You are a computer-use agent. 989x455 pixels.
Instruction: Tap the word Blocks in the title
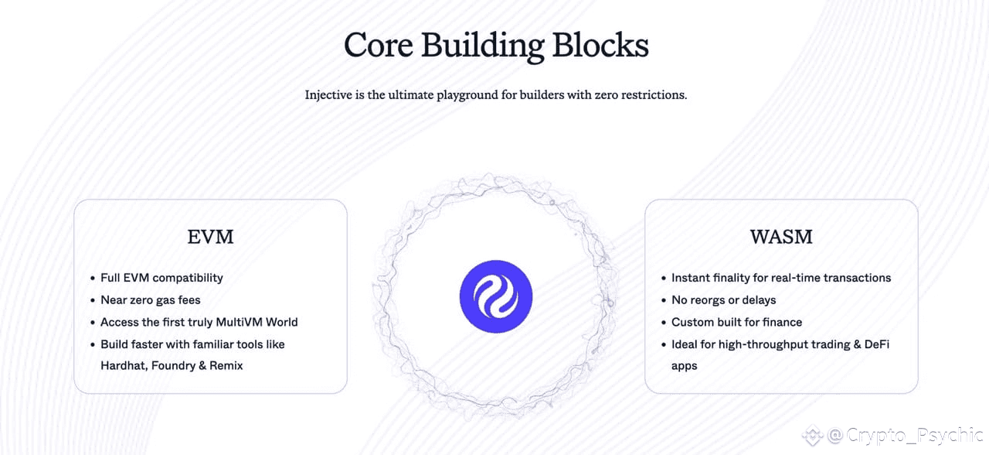[x=600, y=46]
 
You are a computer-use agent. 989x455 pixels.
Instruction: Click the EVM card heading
[x=210, y=237]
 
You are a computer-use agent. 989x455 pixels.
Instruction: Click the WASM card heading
[x=781, y=237]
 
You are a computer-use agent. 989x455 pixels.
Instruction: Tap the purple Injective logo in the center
[x=496, y=296]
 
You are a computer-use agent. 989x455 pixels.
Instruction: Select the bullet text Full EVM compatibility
[x=161, y=278]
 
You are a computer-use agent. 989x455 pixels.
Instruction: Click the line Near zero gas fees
[x=151, y=299]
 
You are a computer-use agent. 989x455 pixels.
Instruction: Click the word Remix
[x=226, y=365]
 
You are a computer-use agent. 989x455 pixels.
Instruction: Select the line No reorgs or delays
[x=723, y=299]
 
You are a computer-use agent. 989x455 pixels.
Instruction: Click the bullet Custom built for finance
[x=736, y=322]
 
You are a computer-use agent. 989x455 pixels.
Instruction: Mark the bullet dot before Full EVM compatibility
[x=93, y=278]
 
